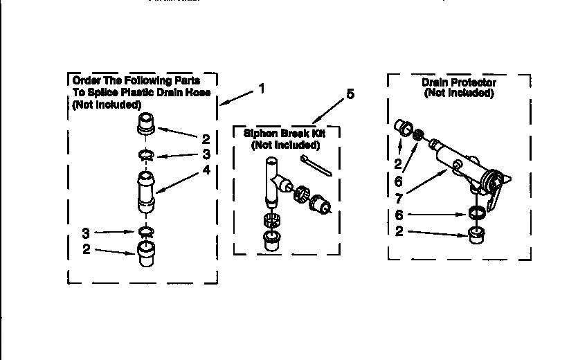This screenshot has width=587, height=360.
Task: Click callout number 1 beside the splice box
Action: tap(261, 89)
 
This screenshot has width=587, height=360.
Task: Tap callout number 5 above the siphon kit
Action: tap(350, 94)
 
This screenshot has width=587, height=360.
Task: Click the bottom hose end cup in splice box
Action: tap(145, 253)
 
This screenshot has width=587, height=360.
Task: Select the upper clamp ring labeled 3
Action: tap(146, 155)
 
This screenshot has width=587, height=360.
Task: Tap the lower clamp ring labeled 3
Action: tap(145, 231)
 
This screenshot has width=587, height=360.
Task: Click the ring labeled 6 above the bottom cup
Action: tap(476, 213)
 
